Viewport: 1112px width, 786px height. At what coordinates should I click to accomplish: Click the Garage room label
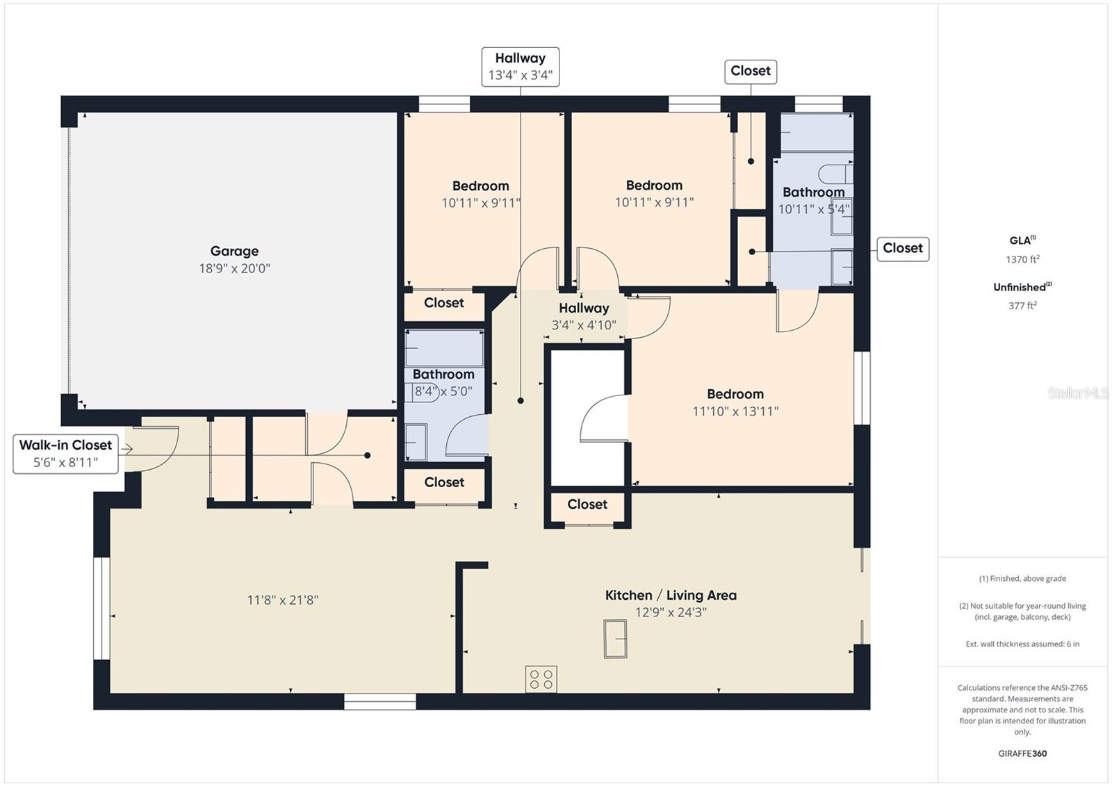click(234, 252)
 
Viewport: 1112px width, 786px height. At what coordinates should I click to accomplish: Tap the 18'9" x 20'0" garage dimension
click(234, 269)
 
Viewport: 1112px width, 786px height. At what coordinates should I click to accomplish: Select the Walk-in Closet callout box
click(65, 454)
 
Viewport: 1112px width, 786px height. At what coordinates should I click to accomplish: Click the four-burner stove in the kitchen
click(541, 679)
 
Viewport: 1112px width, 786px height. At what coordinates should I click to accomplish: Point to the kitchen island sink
click(615, 639)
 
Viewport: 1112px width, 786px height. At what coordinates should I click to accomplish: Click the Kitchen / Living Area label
click(671, 596)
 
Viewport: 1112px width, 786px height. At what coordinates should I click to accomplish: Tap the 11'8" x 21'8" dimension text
click(282, 600)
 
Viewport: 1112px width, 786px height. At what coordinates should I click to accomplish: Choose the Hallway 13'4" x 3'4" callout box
click(521, 67)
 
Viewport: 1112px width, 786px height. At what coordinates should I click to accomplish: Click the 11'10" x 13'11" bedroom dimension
click(735, 411)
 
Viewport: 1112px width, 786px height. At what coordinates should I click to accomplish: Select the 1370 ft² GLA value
click(1022, 259)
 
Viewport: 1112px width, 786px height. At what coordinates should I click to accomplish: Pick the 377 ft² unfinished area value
click(1022, 305)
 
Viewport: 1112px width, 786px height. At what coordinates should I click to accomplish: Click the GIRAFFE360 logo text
click(1022, 753)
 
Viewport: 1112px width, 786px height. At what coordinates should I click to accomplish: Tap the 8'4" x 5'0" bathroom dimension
click(443, 391)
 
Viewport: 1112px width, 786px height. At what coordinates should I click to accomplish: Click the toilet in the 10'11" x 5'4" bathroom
click(835, 174)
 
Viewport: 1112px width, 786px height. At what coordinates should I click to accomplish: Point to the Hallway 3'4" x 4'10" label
click(584, 316)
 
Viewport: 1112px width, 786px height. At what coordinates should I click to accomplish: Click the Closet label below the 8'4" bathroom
click(444, 482)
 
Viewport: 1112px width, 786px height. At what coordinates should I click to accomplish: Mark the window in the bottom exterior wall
click(379, 702)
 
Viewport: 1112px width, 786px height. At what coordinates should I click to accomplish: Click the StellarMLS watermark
click(1077, 393)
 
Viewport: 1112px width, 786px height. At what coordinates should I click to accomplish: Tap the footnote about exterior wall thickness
click(1022, 644)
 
